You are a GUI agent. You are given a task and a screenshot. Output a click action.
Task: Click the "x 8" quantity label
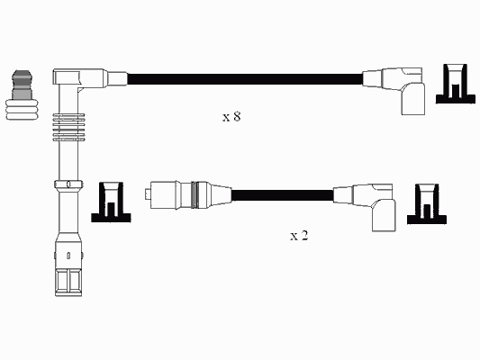[x=231, y=116]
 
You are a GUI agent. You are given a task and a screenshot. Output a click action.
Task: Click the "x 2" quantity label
[x=299, y=236]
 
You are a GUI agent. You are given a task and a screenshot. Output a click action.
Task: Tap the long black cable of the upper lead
[x=245, y=79]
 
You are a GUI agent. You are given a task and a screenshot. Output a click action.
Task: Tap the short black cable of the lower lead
[x=282, y=194]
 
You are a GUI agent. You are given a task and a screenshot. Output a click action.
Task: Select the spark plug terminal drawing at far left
[x=22, y=94]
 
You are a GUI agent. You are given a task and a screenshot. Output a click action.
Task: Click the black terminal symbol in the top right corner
[x=456, y=84]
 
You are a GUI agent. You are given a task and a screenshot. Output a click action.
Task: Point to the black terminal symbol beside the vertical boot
[x=111, y=202]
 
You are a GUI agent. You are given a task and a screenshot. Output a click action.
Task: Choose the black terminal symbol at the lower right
[x=427, y=204]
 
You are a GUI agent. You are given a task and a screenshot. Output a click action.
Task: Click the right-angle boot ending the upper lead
[x=403, y=90]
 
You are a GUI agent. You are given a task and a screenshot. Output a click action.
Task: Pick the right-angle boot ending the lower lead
[x=375, y=206]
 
